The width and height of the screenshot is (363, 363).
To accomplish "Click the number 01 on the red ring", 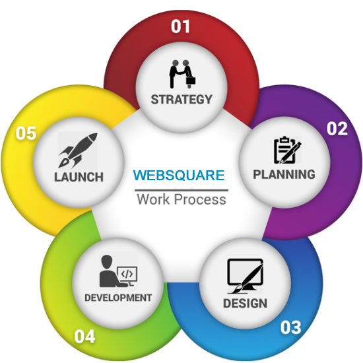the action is coord(180,26).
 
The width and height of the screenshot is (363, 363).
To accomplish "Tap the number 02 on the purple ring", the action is coord(337,129).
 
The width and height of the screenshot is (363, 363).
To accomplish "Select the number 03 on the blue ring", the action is coord(291,327).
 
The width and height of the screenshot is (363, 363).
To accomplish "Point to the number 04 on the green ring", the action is coord(84,337).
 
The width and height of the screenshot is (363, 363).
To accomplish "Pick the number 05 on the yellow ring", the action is coord(26,133).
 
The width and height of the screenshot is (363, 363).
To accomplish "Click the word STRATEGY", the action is coord(181,99).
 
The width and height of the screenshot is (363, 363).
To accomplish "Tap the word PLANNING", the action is coord(284,174).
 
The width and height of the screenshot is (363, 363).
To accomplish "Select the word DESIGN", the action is coord(245,304).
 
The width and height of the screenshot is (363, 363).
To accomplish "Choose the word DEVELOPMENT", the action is coord(118,298).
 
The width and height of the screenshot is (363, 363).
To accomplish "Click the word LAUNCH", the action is coord(79,177).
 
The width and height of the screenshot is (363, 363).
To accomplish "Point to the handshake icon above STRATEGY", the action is coord(182,74).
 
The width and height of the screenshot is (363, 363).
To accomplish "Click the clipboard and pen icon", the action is coord(287,150).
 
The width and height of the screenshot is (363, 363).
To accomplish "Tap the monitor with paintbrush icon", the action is coord(246,276).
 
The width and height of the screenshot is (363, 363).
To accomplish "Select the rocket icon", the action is coord(78,150).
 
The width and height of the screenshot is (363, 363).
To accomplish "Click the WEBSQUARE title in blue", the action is coord(179,176).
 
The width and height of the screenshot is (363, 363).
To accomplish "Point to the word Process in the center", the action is coord(200,199).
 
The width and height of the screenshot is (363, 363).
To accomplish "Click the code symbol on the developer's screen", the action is coord(127,274).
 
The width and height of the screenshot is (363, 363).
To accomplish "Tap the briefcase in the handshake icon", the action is coord(191,81).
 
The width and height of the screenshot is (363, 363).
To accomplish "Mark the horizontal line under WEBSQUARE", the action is coord(181,190).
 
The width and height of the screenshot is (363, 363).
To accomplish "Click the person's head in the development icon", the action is coord(107,261).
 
